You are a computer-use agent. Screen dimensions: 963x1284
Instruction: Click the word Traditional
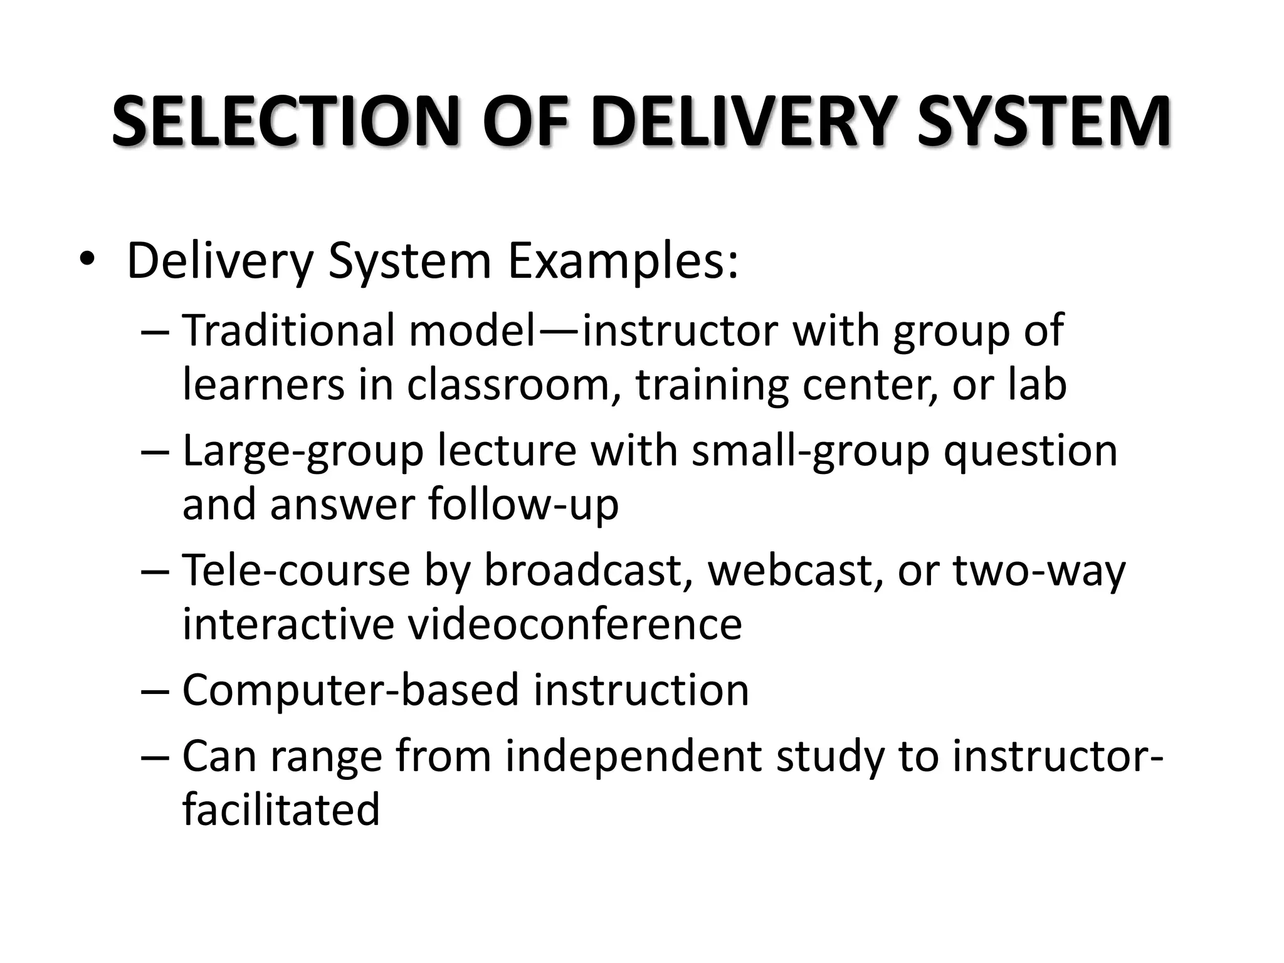(288, 330)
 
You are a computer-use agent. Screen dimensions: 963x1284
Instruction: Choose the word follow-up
(524, 504)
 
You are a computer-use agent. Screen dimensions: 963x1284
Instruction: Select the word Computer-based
(350, 690)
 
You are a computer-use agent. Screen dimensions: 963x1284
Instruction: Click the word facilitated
(281, 809)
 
